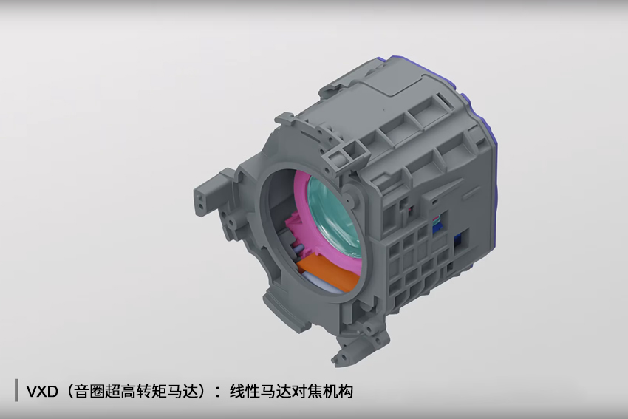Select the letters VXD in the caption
point(42,392)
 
